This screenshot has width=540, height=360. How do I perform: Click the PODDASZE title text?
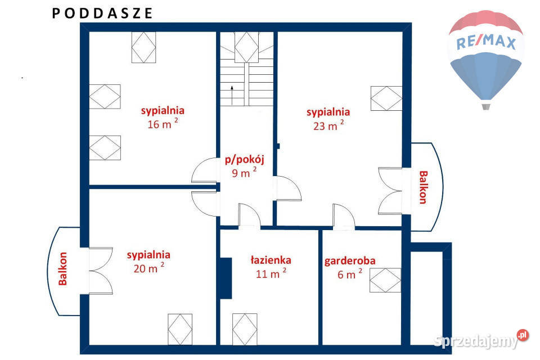point(102,13)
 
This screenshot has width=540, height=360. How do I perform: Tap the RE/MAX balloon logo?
point(486,59)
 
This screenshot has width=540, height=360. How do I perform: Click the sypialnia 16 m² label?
point(163,118)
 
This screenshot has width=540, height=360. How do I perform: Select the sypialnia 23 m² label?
point(328,119)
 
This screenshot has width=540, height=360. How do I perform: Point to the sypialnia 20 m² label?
point(148,262)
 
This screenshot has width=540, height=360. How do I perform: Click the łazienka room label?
point(271,267)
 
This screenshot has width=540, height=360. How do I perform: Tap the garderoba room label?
point(349,268)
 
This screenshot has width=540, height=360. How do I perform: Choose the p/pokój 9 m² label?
point(244,166)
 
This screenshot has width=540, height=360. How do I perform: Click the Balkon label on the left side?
point(62,269)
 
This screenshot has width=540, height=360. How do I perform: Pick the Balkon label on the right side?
point(423,187)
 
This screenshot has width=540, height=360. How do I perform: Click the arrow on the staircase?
point(232,95)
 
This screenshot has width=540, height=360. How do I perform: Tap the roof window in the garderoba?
point(385,281)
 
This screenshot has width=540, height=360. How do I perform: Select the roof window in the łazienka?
point(245,329)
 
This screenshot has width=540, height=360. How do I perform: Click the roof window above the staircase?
point(246,47)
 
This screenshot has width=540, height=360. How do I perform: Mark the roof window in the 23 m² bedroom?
point(386,98)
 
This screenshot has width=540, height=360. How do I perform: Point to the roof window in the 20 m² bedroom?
point(180,329)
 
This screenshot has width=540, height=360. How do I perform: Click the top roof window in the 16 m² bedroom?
point(143,47)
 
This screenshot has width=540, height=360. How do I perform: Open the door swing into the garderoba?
point(344,217)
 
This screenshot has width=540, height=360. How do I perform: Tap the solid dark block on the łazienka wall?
point(226,278)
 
